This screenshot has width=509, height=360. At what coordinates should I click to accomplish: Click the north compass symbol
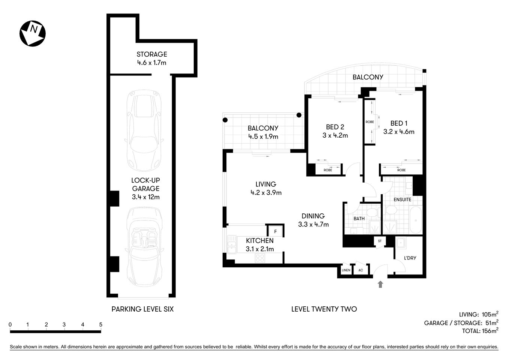point(33,33)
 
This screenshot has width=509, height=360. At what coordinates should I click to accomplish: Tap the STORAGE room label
point(151,54)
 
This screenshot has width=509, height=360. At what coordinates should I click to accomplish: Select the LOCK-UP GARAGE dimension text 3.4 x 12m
point(145,197)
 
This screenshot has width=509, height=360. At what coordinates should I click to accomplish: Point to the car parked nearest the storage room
point(144,129)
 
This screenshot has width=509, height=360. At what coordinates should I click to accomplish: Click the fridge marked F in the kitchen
point(275,231)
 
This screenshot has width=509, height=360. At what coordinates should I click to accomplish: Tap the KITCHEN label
point(260,241)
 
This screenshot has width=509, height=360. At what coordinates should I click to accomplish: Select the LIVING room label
point(266,184)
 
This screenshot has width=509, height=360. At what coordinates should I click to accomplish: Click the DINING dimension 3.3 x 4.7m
point(313,225)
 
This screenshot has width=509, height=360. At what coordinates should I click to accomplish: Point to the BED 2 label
point(335,127)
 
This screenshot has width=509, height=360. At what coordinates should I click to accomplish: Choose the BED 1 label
point(399,123)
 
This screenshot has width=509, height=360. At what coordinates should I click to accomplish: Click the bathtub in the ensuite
point(415,222)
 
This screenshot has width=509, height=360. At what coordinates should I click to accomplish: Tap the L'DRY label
point(410,258)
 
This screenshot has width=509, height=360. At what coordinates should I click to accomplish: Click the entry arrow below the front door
point(381,284)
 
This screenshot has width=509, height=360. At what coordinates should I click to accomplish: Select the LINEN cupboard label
point(346,270)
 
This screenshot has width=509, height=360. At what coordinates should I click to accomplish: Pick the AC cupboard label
point(361,270)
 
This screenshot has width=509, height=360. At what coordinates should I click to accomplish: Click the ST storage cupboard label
point(380,241)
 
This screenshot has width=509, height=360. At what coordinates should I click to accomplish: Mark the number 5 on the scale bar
point(100,325)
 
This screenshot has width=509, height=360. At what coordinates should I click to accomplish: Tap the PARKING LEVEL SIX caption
point(142,309)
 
